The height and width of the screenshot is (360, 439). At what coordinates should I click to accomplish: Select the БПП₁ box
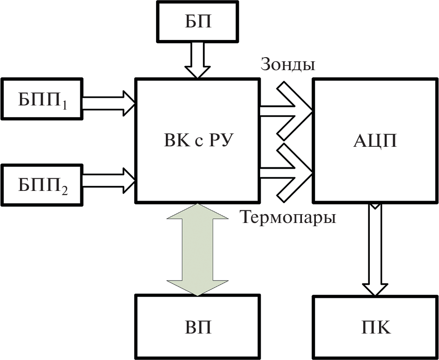(42, 99)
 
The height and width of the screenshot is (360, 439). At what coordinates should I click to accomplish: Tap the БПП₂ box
(42, 184)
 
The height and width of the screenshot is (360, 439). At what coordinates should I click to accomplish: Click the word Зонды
(288, 65)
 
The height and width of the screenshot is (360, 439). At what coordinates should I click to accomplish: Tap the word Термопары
(288, 217)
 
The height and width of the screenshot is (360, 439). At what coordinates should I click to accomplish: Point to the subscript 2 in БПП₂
(64, 190)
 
